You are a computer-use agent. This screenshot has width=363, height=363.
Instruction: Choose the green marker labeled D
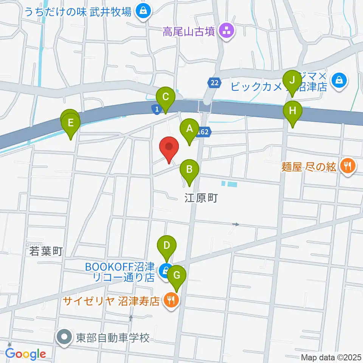click(167, 247)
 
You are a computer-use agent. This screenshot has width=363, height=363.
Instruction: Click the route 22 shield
click(214, 83)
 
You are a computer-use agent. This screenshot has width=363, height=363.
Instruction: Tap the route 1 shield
click(155, 109)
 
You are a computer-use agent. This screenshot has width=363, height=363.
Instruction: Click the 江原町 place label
click(201, 198)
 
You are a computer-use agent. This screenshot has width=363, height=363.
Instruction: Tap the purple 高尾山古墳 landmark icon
click(228, 31)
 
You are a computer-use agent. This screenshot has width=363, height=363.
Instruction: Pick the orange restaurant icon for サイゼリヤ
click(170, 301)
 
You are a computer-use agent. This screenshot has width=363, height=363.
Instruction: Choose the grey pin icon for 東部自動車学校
click(65, 337)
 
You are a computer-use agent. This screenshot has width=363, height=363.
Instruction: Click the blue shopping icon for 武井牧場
click(144, 11)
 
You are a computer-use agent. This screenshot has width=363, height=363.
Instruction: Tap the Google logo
click(25, 354)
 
